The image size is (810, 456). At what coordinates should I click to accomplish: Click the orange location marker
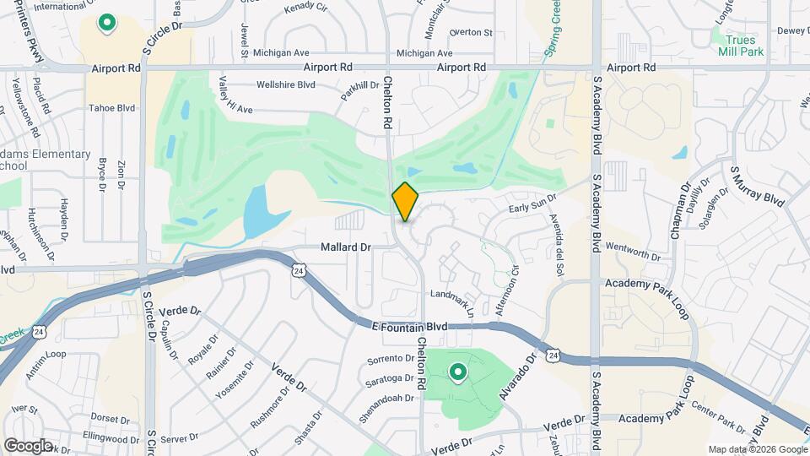tap(405, 201)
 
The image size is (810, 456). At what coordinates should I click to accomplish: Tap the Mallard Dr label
tap(346, 247)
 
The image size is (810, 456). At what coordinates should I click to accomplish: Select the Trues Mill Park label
tap(742, 44)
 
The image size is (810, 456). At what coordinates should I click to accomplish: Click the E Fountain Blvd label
tap(409, 326)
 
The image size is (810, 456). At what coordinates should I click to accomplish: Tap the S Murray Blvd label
tap(757, 187)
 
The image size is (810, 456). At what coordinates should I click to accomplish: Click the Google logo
tap(28, 445)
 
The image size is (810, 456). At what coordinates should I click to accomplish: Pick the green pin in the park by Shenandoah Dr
tap(457, 372)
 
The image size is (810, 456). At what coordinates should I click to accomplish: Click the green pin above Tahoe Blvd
tap(107, 23)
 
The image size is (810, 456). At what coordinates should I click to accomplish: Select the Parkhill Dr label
tap(360, 90)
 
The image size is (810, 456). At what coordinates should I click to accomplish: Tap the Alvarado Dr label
tap(518, 374)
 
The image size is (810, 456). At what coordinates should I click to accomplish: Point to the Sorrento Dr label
tap(390, 359)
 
